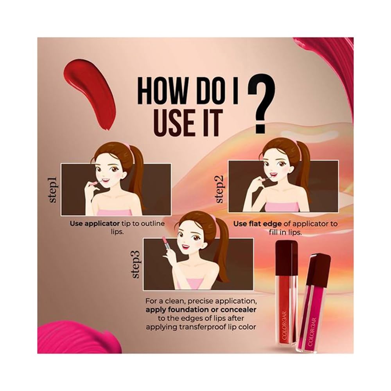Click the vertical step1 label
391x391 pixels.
[54, 190]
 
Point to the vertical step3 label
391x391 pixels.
[136, 264]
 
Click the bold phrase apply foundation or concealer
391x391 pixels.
[201, 310]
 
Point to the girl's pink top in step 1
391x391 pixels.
[114, 212]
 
